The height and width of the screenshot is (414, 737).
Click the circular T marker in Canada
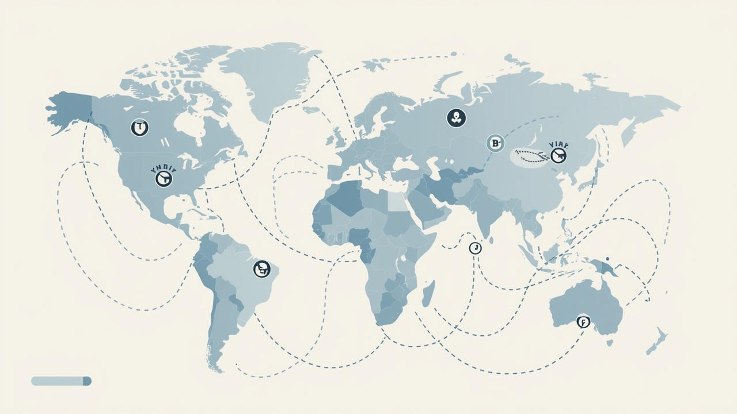(x=139, y=127)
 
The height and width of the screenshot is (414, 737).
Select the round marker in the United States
(x=164, y=178)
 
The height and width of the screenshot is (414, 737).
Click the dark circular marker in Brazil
(x=262, y=269)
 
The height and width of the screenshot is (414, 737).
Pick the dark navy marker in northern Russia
(x=456, y=118)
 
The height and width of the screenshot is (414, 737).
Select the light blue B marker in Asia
(x=495, y=143)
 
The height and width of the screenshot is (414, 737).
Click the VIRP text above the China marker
(x=558, y=145)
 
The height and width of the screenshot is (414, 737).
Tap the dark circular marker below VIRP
(x=558, y=155)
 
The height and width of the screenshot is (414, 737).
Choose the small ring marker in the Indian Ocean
(x=475, y=248)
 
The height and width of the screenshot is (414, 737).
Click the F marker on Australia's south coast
(x=583, y=322)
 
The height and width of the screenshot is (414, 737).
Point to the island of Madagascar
(x=428, y=294)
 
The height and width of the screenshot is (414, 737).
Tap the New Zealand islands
(x=656, y=342)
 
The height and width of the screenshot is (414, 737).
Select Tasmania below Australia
(x=609, y=343)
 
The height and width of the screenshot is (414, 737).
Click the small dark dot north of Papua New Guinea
(x=607, y=259)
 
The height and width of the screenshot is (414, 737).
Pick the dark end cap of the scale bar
(x=87, y=381)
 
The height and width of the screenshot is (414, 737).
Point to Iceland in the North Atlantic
(x=311, y=109)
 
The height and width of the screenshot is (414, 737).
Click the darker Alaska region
(x=69, y=110)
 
